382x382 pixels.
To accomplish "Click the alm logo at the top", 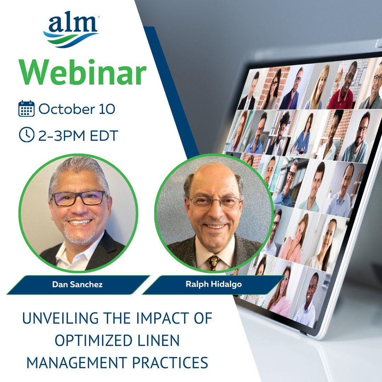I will (x=71, y=30).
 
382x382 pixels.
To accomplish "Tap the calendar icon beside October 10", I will (x=26, y=109).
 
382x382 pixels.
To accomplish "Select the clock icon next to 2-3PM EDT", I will (x=26, y=135).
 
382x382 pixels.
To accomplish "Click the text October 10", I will (x=77, y=109).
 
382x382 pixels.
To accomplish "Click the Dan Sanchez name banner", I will (x=77, y=285).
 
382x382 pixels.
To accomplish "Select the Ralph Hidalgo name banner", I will (x=214, y=285).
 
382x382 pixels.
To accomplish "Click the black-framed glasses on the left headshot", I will (x=79, y=198).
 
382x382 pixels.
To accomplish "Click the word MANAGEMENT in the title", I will (x=69, y=363).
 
